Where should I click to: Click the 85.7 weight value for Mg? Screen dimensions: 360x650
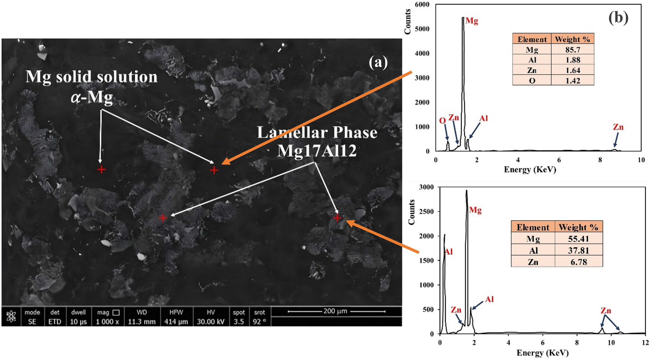[573, 50]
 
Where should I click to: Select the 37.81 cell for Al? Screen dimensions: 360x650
[578, 250]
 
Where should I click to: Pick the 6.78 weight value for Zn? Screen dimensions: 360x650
[578, 262]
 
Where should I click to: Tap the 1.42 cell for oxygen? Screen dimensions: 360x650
[573, 81]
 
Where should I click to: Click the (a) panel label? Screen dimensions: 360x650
[378, 62]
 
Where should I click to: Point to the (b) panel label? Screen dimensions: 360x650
[618, 17]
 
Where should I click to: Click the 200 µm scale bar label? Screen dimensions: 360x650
[335, 311]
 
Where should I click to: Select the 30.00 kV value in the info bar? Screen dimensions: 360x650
[210, 322]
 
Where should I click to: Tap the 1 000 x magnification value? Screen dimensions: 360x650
[108, 322]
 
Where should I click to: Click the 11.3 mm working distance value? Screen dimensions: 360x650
[142, 322]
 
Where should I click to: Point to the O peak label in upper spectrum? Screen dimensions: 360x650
[443, 120]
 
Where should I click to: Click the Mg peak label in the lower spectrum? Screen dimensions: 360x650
[475, 210]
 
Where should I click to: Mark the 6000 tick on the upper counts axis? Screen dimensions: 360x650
[422, 4]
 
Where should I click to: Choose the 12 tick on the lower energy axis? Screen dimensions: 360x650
[645, 342]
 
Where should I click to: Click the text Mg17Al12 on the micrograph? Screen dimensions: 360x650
[317, 151]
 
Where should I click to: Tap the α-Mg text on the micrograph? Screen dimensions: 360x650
[91, 97]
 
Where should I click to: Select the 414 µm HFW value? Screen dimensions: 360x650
[176, 322]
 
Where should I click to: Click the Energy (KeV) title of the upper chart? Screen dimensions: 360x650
[530, 170]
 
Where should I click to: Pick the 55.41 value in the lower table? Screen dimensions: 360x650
[578, 239]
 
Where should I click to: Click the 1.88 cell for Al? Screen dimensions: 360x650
[573, 60]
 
